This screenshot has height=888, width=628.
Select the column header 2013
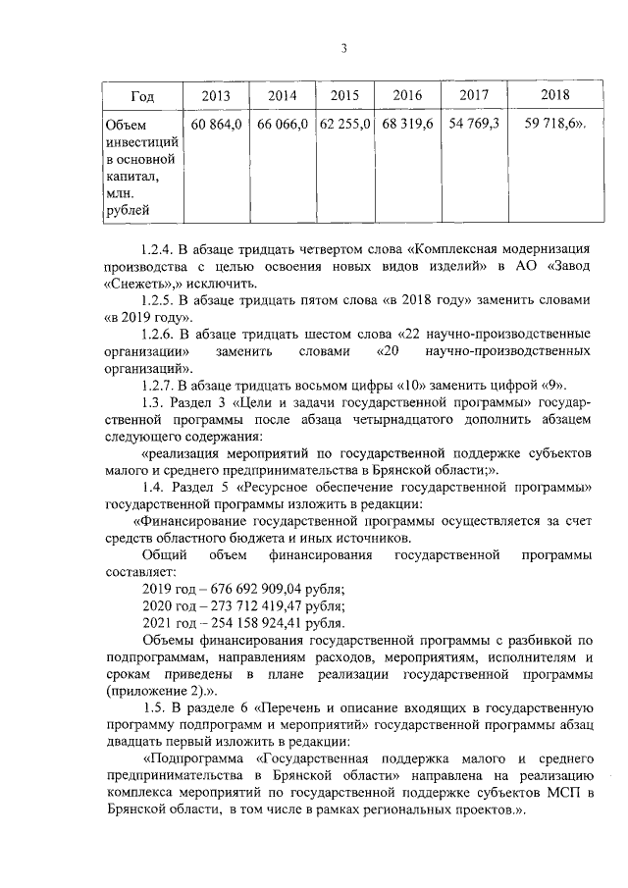pyautogui.click(x=216, y=96)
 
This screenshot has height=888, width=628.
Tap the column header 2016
pyautogui.click(x=407, y=96)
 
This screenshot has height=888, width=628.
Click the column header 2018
pyautogui.click(x=554, y=96)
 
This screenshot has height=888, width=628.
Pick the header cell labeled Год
pyautogui.click(x=142, y=96)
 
